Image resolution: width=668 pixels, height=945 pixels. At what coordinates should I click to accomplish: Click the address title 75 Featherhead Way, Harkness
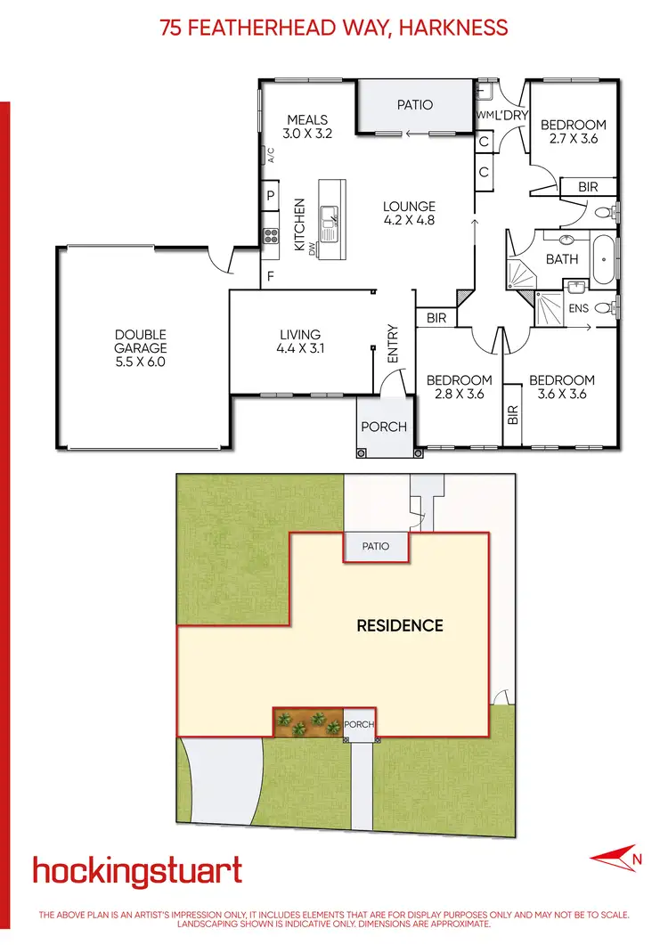coord(334,28)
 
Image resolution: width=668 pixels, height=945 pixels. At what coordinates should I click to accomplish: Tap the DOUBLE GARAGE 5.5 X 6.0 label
coord(141,349)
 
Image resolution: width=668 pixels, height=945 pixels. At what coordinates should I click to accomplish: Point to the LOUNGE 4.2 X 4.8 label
coord(409,214)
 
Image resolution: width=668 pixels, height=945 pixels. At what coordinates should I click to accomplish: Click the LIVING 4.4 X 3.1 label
coord(300,342)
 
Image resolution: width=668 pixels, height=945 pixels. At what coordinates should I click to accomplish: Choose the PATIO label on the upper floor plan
coord(414,105)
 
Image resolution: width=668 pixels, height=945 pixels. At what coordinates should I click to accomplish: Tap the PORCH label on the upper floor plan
coord(384,427)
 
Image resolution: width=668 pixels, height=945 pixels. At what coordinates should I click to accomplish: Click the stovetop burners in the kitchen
coord(270,235)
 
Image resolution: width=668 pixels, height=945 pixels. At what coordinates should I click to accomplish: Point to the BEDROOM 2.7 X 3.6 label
coord(574,132)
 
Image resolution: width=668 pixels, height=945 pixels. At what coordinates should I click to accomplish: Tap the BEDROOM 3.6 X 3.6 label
coord(561,387)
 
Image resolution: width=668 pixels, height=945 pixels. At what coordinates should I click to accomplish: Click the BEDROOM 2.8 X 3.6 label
coord(459,387)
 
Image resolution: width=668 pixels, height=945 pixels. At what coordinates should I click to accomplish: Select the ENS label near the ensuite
coord(577,308)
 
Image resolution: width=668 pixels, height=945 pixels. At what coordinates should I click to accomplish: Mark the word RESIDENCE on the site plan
coord(400,625)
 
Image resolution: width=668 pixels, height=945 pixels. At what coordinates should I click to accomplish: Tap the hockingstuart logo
coord(137,870)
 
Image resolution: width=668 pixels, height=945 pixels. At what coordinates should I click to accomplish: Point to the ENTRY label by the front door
coord(393,343)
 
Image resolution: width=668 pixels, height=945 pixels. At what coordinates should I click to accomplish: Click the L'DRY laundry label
coord(512,115)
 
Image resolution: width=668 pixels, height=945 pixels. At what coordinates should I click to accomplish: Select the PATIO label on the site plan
coord(376,546)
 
